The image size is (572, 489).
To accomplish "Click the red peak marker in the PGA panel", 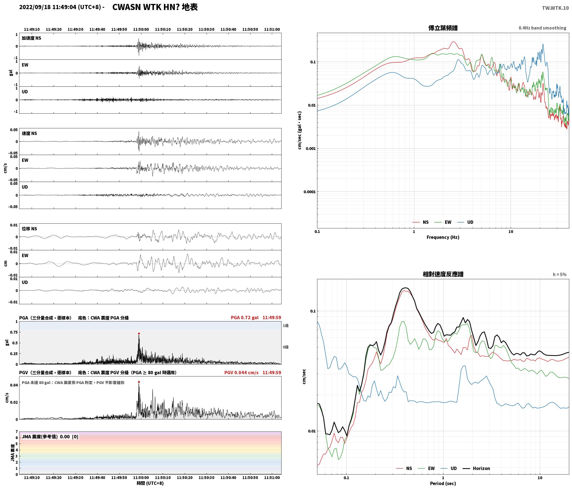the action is click(139, 333).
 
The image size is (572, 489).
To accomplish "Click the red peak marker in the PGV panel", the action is click(139, 382).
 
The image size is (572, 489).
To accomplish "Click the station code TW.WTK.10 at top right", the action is click(555, 8).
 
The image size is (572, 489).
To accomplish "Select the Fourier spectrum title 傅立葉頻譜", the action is click(443, 28).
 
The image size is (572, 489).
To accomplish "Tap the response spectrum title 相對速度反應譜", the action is click(443, 274).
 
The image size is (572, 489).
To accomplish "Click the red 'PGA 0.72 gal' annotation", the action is click(244, 318).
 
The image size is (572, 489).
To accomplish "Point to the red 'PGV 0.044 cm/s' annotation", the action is click(241, 373).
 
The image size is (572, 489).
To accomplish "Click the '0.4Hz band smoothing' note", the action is click(542, 28).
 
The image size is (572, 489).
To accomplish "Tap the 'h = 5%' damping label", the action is click(560, 275).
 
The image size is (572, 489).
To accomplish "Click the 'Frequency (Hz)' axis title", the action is click(443, 237).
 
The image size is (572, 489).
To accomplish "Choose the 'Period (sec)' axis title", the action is click(443, 483).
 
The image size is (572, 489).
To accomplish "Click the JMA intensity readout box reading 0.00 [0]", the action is click(50, 437).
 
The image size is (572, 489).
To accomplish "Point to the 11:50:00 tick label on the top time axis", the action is click(141, 29).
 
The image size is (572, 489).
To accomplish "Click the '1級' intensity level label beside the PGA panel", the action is click(286, 326).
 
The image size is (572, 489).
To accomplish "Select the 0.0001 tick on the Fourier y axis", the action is click(308, 192).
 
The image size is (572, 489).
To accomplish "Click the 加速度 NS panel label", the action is click(31, 38).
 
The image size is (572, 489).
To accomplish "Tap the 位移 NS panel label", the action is click(29, 229).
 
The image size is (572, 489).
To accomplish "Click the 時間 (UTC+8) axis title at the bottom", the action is click(150, 483).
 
